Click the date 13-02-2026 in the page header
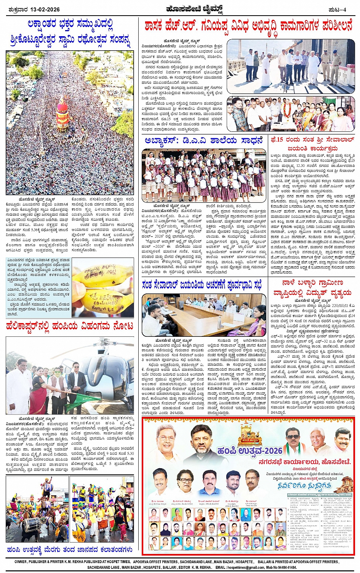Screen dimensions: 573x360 pyautogui.click(x=45, y=10)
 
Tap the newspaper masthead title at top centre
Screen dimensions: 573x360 pyautogui.click(x=181, y=9)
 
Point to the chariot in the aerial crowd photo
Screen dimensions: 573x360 pyautogui.click(x=62, y=114)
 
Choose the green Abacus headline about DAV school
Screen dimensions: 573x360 pyautogui.click(x=204, y=141)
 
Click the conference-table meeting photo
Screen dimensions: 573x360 pyautogui.click(x=204, y=315)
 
